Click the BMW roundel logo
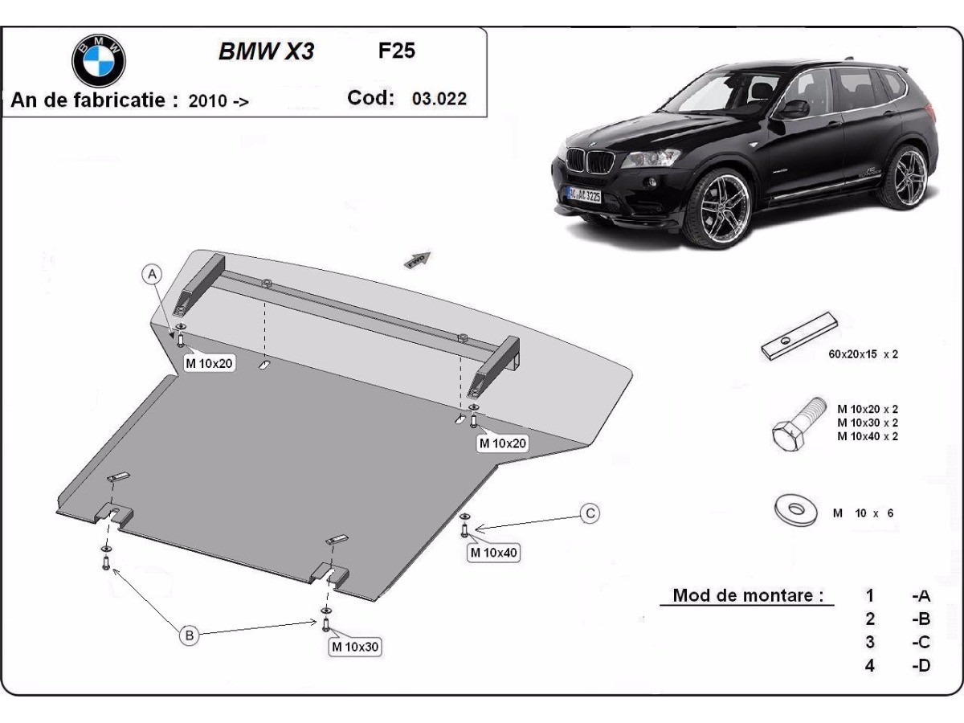coord(99,60)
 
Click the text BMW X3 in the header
coord(266,52)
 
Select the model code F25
coord(397,51)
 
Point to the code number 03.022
coord(439,99)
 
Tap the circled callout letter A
coord(152,275)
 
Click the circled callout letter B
coord(189,635)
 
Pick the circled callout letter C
coord(590,513)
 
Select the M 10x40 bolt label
coord(494,552)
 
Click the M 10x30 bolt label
coord(354,646)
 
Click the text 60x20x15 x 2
coord(863,353)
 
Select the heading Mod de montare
coord(747,596)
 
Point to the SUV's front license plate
coord(584,194)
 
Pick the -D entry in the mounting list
coord(921,665)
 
